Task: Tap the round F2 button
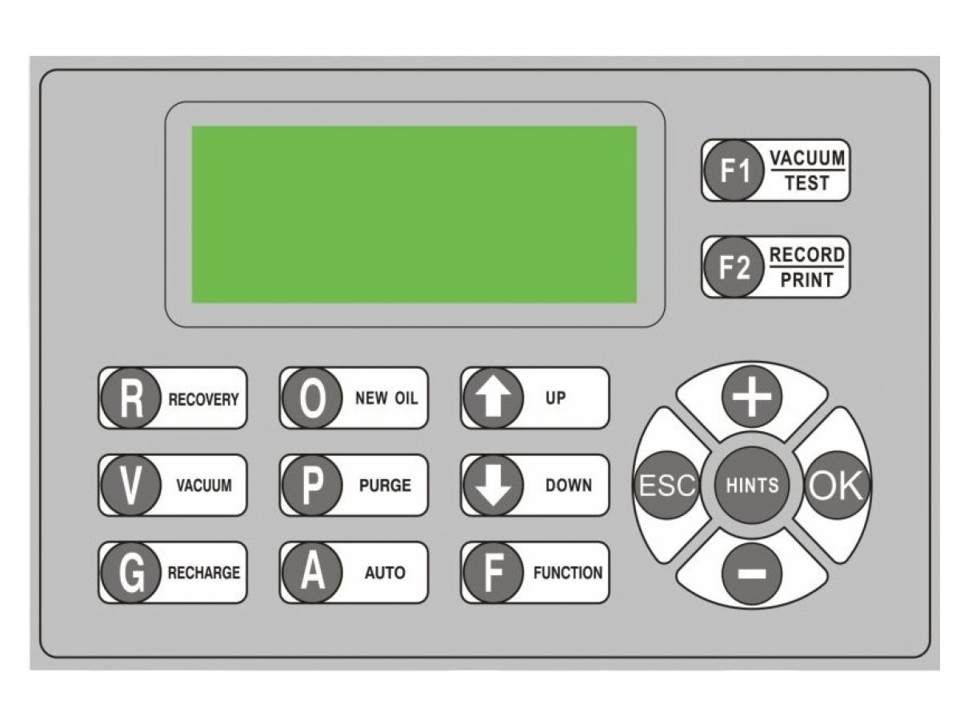coord(734,266)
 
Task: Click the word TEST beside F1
coord(806,182)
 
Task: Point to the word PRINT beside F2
coord(806,279)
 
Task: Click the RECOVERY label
coord(203,399)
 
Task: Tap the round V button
coord(130,485)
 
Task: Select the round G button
coord(130,572)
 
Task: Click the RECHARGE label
coord(204,573)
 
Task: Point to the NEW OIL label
coord(386,398)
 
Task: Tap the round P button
coord(312,485)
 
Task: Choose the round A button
coord(312,572)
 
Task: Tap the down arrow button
coord(493,485)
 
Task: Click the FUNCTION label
coord(568,573)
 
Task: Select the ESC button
coord(666,485)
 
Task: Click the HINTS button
coord(752,485)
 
